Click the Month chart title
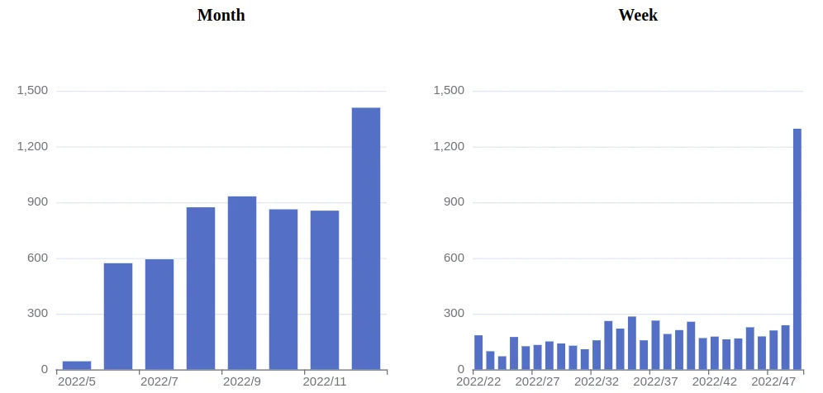[x=221, y=15]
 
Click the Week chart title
[x=638, y=15]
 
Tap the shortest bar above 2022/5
[x=77, y=365]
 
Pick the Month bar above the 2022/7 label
[x=159, y=314]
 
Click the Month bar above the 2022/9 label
[x=242, y=282]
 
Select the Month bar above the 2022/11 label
[x=325, y=290]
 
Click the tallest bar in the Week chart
[x=797, y=249]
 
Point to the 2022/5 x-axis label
[x=77, y=381]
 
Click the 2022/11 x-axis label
[x=325, y=381]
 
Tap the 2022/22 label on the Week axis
[x=478, y=381]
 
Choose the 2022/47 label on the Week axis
[x=773, y=381]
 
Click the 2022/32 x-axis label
[x=597, y=381]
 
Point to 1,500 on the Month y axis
[x=32, y=90]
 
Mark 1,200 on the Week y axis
[x=450, y=146]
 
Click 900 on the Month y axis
[x=38, y=202]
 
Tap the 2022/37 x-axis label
[x=655, y=381]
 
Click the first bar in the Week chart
[x=478, y=353]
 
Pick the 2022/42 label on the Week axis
[x=715, y=381]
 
